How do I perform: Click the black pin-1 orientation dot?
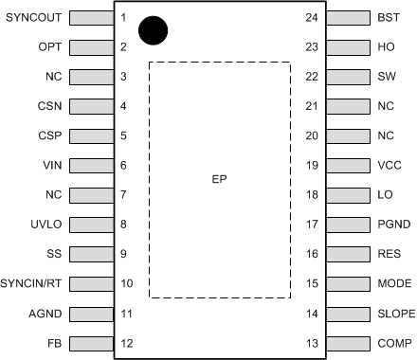click(x=153, y=29)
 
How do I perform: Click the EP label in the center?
click(x=219, y=179)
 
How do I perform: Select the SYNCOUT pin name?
click(x=33, y=17)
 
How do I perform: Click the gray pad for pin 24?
click(x=344, y=17)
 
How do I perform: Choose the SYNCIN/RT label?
click(x=32, y=283)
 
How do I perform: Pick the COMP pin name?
click(x=392, y=343)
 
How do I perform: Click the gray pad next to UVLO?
click(x=93, y=225)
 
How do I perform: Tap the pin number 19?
click(x=312, y=165)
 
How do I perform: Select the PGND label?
click(x=391, y=225)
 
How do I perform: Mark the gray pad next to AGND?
click(x=93, y=313)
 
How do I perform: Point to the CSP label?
click(x=50, y=135)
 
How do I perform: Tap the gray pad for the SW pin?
click(x=344, y=77)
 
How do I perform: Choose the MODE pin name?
click(x=392, y=283)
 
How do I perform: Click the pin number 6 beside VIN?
click(x=124, y=165)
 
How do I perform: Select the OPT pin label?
click(x=50, y=46)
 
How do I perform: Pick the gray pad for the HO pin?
click(x=344, y=46)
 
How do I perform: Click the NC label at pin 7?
click(x=53, y=194)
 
